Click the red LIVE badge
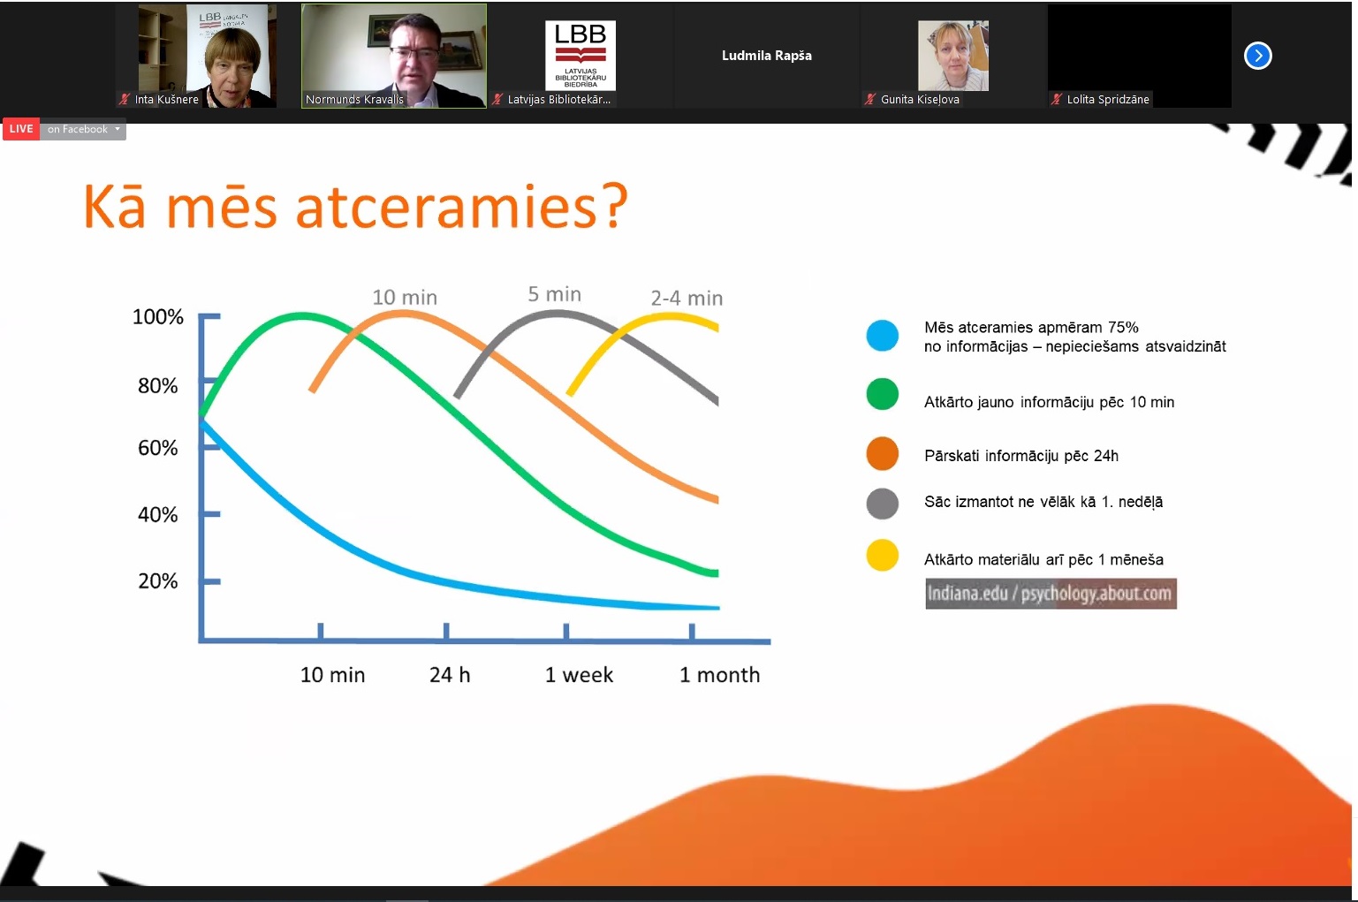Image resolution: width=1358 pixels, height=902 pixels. pyautogui.click(x=21, y=129)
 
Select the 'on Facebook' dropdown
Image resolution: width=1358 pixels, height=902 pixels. pyautogui.click(x=83, y=129)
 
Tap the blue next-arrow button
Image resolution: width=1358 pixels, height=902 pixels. pyautogui.click(x=1258, y=56)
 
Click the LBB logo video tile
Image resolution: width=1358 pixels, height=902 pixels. pyautogui.click(x=580, y=56)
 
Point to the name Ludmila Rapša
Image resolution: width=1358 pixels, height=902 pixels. pyautogui.click(x=766, y=56)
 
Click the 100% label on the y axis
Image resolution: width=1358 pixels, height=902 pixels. pyautogui.click(x=157, y=316)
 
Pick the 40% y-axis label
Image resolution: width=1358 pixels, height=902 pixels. pyautogui.click(x=157, y=515)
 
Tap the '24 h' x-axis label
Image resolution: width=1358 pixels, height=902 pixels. pyautogui.click(x=450, y=675)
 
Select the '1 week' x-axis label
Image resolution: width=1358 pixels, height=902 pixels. pyautogui.click(x=579, y=675)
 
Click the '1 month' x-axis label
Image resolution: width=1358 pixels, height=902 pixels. pyautogui.click(x=719, y=675)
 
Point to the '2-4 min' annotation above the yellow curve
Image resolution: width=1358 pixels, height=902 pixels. pyautogui.click(x=687, y=299)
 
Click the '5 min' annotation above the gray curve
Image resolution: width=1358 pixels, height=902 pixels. pyautogui.click(x=554, y=294)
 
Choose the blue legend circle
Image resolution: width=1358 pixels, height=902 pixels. pyautogui.click(x=882, y=335)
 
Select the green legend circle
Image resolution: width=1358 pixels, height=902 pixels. pyautogui.click(x=882, y=394)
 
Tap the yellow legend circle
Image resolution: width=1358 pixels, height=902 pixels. pyautogui.click(x=882, y=556)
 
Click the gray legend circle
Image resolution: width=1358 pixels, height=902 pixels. pyautogui.click(x=882, y=504)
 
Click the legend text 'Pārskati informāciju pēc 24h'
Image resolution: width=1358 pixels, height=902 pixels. pyautogui.click(x=1020, y=456)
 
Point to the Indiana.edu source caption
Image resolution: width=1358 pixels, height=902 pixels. pyautogui.click(x=1051, y=594)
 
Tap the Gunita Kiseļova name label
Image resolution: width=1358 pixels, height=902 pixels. pyautogui.click(x=920, y=100)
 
